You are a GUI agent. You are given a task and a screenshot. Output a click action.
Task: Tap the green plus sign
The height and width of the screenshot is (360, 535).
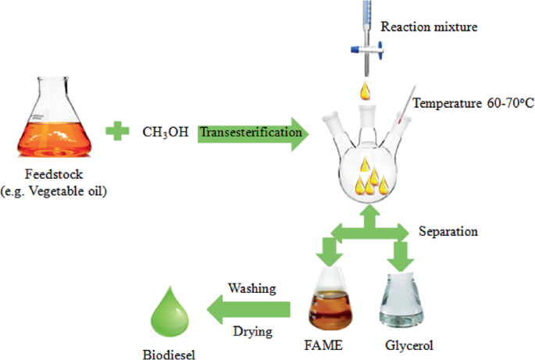tap(118, 130)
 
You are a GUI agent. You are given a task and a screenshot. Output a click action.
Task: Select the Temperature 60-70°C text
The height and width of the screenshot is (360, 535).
tap(473, 102)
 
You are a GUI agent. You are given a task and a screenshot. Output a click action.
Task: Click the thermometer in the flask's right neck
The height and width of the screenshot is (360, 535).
tap(406, 114)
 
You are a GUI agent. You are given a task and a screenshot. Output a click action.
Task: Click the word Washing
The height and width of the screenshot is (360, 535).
tap(251, 288)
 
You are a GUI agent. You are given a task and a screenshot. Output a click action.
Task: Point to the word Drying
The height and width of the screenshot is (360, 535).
tap(253, 332)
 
